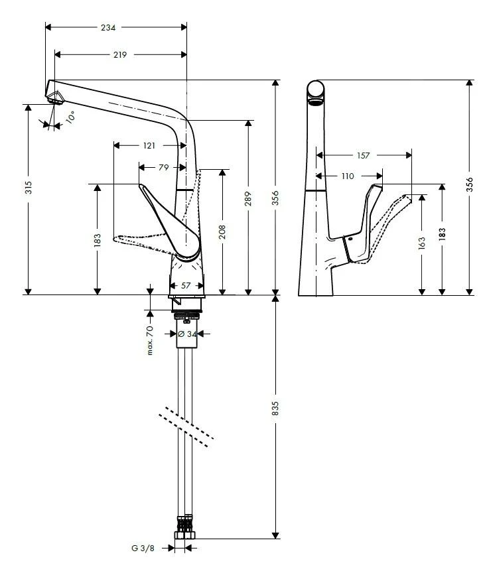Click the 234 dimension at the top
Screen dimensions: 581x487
tap(108, 28)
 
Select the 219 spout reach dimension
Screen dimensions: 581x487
tap(119, 54)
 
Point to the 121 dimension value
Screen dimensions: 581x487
tap(149, 145)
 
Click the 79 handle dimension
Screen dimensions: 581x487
tap(163, 168)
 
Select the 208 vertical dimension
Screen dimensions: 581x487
tap(222, 231)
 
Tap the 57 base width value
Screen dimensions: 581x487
tap(186, 285)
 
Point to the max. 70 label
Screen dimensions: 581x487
tap(150, 340)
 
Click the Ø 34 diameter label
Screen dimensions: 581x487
tap(187, 334)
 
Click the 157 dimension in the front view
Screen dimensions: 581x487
tap(363, 155)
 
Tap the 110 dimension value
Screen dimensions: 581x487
tap(348, 176)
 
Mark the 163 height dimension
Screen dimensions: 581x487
tap(422, 243)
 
